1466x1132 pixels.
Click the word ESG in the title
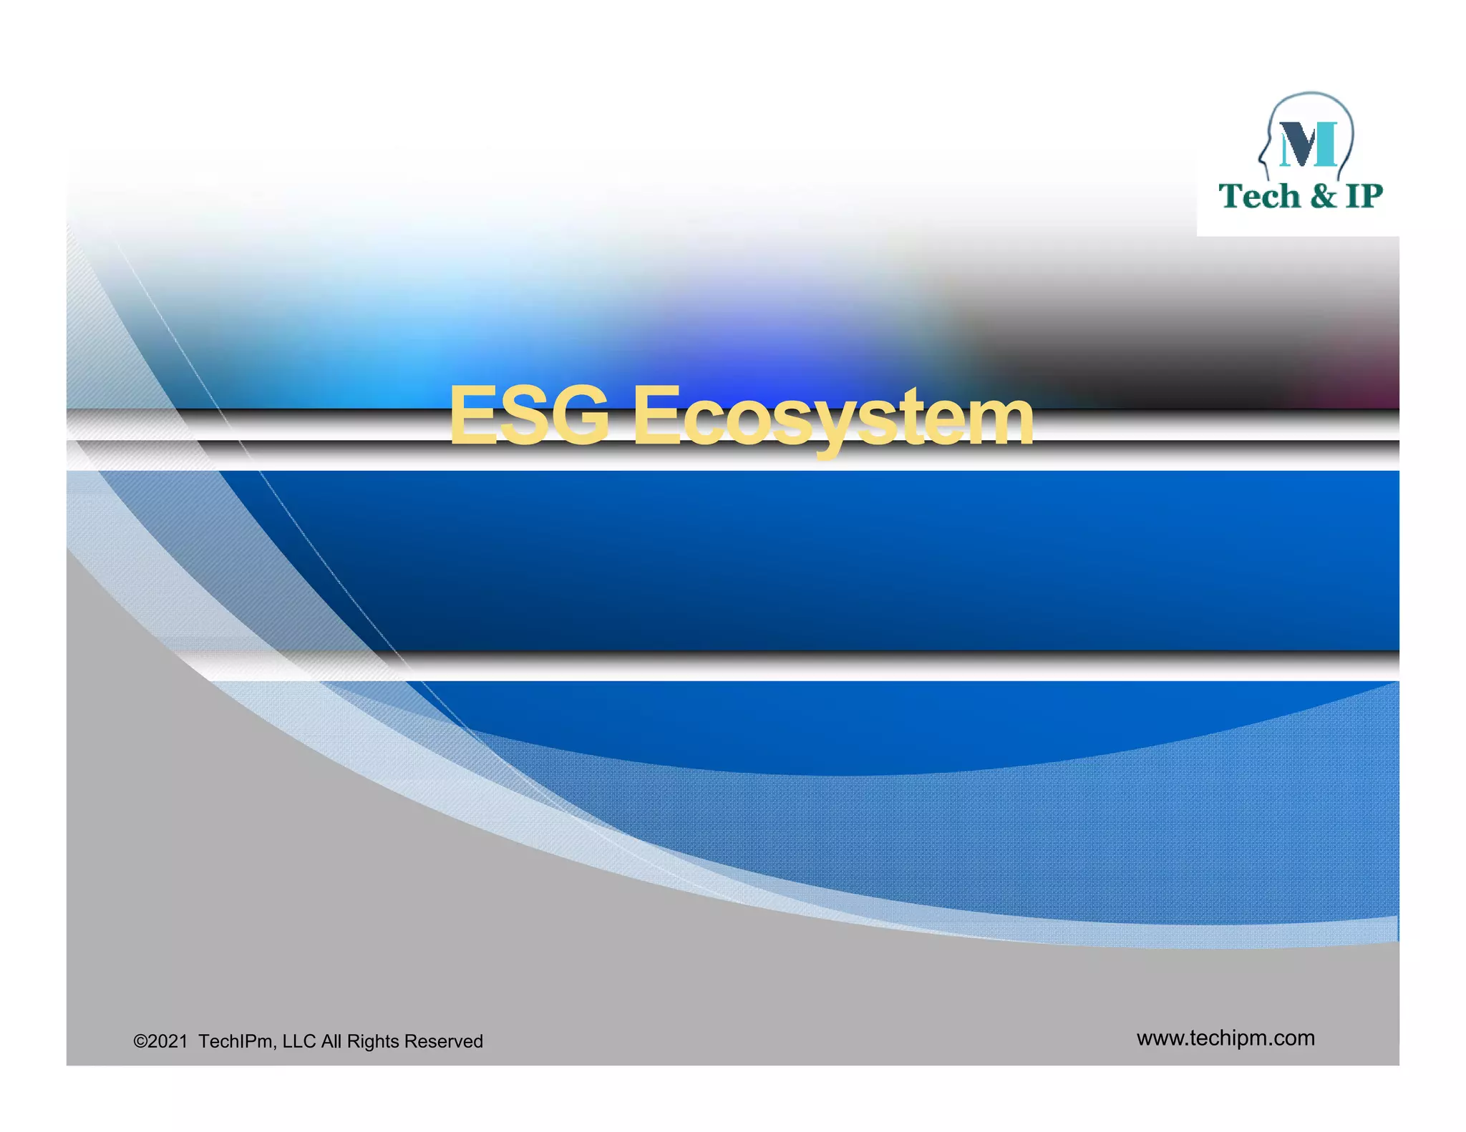(529, 416)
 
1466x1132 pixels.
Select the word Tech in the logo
(1259, 196)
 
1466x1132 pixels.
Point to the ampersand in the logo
(1324, 196)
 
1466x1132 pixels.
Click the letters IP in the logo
(1364, 196)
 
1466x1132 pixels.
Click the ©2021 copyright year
(160, 1041)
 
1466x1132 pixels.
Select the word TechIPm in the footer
(235, 1041)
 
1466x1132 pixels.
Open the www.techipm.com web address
(1225, 1038)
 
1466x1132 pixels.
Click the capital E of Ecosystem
(655, 416)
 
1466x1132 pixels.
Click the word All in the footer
(331, 1041)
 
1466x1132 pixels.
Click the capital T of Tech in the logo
(1231, 195)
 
